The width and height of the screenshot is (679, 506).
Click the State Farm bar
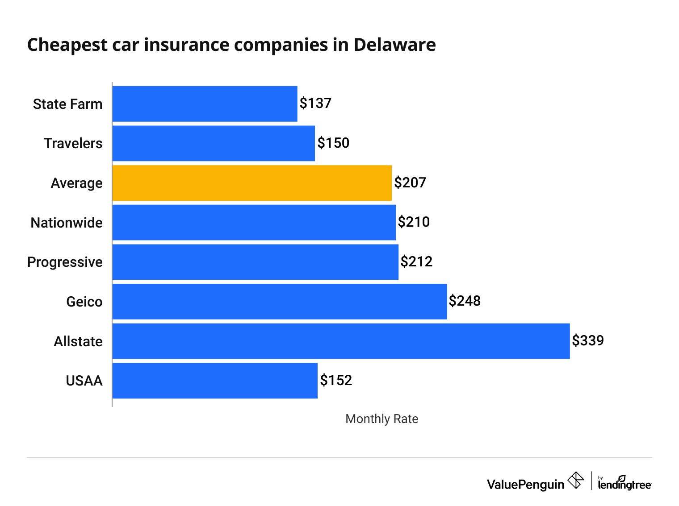pos(205,104)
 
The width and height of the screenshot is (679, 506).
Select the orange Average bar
pos(252,183)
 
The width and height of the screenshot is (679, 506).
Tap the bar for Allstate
pos(341,341)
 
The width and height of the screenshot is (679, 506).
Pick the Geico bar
pos(280,302)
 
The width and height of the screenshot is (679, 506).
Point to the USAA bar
pos(215,381)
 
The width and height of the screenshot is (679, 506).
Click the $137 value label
pos(315,104)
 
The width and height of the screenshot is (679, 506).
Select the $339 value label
pos(588,341)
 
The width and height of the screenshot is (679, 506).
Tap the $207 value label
pos(410,183)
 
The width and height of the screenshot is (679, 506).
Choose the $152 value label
pos(336,381)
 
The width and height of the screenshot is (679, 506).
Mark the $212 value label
pos(416,262)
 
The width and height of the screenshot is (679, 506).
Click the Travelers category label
pos(73,143)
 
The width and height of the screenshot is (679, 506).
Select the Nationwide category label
pos(67,223)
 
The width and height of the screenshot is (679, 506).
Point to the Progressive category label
pos(65,262)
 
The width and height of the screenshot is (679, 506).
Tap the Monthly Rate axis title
pos(382,419)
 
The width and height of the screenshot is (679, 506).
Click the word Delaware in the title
pos(394,45)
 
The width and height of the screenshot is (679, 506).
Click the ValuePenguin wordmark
pos(525,485)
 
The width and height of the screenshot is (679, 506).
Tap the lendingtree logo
pos(625,484)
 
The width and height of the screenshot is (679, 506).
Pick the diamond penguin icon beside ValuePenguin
pos(576,481)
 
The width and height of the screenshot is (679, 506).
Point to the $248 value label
pos(465,301)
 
